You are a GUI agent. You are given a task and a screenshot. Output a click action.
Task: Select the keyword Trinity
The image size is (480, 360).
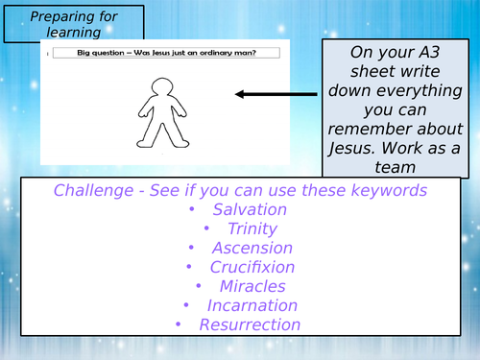pos(252,228)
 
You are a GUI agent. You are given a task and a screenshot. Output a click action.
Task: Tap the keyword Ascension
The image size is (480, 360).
pos(252,248)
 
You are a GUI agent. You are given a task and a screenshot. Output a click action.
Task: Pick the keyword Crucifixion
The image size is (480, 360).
pos(252,267)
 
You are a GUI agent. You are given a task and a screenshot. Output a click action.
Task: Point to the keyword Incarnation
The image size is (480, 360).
pos(252,305)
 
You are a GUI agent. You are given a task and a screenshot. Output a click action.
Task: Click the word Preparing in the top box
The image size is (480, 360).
pos(48,15)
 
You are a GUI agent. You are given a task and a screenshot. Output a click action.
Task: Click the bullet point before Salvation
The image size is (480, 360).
pos(191,209)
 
